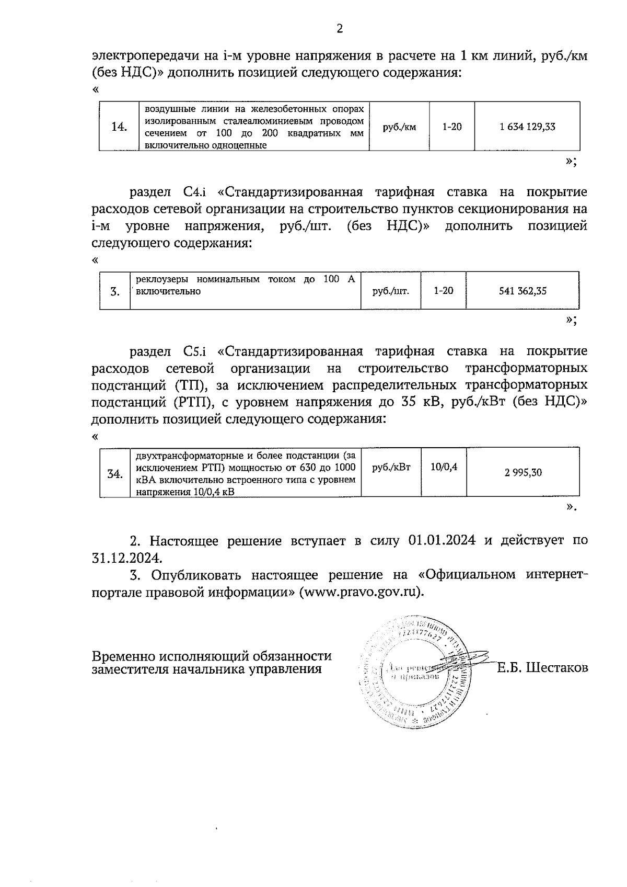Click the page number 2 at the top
click(339, 29)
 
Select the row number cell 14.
click(119, 127)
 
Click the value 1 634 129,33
click(527, 127)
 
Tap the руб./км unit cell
click(399, 127)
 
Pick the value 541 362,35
click(522, 291)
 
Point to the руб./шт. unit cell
click(390, 291)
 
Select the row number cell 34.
click(115, 474)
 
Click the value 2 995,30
click(523, 473)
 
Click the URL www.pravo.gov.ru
click(359, 592)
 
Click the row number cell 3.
click(115, 292)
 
